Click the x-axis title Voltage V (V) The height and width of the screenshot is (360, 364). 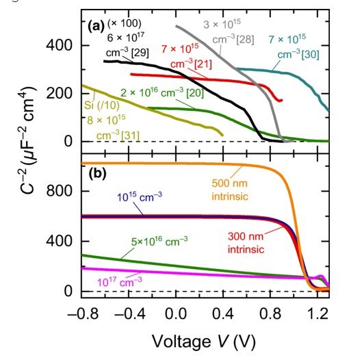click(x=205, y=341)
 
